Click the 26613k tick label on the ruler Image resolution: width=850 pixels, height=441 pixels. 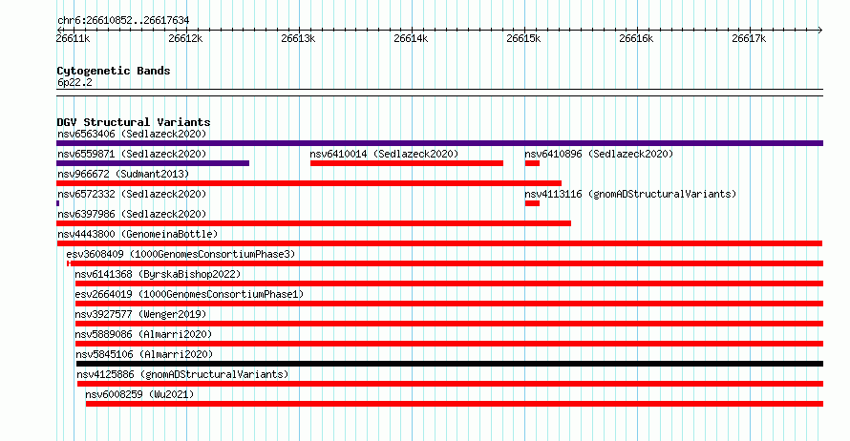[298, 38]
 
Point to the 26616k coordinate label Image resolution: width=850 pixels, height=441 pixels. [636, 38]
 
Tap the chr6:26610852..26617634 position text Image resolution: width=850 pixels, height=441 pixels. [123, 21]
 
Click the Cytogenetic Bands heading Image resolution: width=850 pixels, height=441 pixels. [114, 71]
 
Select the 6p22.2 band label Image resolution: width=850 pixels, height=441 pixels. [74, 82]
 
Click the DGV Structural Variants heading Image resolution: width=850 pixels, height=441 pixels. [134, 122]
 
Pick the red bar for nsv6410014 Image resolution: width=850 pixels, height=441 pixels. [407, 163]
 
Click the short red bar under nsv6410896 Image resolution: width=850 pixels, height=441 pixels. [532, 163]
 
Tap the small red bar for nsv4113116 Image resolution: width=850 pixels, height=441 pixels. [532, 203]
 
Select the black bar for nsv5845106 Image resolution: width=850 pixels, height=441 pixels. [450, 364]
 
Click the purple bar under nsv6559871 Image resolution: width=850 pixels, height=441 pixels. [153, 163]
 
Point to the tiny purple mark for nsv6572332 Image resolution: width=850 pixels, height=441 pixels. [57, 203]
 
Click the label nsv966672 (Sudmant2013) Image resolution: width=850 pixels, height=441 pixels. [123, 174]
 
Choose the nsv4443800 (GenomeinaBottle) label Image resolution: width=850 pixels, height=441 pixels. [138, 234]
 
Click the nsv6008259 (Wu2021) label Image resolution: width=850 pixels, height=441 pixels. [139, 394]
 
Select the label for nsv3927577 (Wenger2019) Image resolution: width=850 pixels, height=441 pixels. [140, 314]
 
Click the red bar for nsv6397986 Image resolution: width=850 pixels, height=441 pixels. [313, 223]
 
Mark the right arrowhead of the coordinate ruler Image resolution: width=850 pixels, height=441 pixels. [820, 31]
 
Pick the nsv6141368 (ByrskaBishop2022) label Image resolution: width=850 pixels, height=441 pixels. [158, 274]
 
